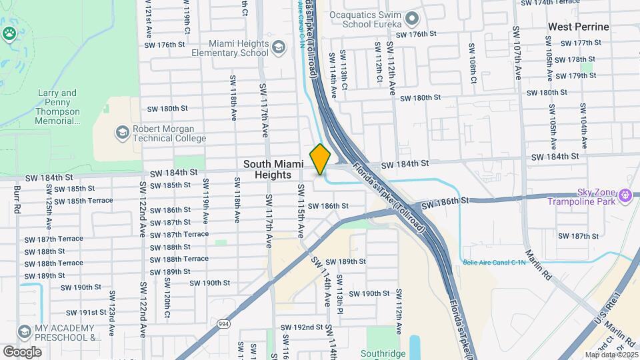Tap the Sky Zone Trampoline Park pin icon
click(x=625, y=195)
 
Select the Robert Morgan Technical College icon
click(x=122, y=133)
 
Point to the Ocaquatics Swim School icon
click(x=411, y=18)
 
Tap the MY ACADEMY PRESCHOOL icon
click(x=25, y=331)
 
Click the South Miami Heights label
click(x=268, y=169)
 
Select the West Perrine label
click(x=578, y=27)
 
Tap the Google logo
click(x=22, y=351)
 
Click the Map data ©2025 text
click(x=611, y=355)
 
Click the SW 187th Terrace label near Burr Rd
click(x=54, y=239)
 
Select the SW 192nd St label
click(x=302, y=327)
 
